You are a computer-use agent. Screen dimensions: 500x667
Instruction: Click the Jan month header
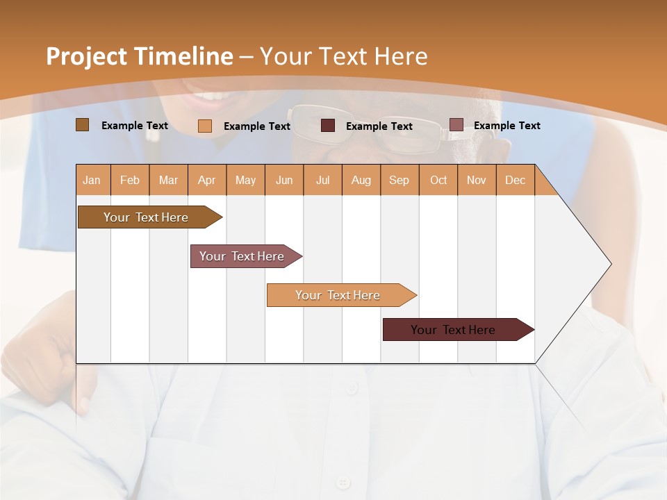pos(92,180)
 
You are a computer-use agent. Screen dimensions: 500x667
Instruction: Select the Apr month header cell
pos(207,180)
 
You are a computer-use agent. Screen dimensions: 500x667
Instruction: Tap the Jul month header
pos(323,180)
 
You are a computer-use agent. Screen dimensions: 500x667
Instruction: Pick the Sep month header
pos(400,180)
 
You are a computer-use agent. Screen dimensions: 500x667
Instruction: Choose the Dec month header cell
pos(515,180)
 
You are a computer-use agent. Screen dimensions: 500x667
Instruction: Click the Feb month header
pos(130,180)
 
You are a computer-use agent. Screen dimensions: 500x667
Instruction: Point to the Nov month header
pos(477,180)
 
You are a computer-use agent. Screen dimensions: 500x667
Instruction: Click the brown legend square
pos(83,125)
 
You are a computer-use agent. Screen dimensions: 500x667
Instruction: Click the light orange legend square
pos(205,126)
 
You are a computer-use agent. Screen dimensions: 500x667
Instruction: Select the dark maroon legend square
pos(328,126)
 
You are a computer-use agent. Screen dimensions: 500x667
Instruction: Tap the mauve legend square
pos(456,125)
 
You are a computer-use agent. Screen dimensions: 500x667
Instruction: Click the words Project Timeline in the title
pos(140,56)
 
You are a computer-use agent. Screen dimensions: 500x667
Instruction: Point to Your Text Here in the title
pos(344,56)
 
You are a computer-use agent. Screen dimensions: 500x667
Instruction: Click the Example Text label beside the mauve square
pos(507,126)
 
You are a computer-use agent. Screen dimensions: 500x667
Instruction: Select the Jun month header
pos(284,180)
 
